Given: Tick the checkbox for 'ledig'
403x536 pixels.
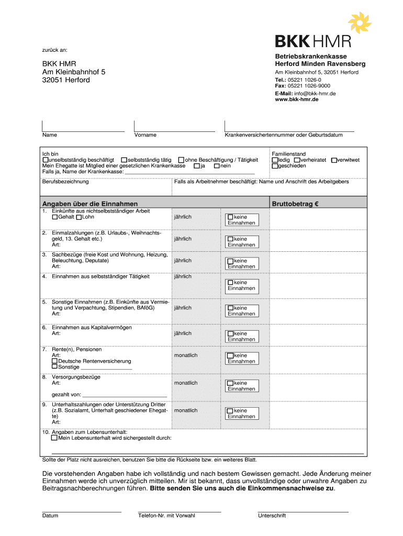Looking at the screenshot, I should [x=275, y=160].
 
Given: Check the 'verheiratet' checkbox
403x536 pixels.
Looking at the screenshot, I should [x=297, y=160].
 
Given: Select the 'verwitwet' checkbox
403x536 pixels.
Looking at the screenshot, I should [x=334, y=160].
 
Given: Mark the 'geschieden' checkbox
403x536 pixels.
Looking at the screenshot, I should [x=275, y=166].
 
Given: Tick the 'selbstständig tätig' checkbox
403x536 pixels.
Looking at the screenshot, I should [x=124, y=160].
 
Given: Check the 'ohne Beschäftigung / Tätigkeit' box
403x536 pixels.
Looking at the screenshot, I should [x=181, y=160].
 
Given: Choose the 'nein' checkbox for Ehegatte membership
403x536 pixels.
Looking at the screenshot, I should [x=217, y=166].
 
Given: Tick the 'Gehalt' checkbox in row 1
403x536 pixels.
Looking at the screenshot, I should [x=54, y=217].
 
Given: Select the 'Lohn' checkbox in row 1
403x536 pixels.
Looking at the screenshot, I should [x=79, y=217].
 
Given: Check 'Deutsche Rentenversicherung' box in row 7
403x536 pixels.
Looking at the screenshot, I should [x=54, y=361].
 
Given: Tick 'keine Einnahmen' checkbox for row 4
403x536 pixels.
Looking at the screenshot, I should [x=230, y=283].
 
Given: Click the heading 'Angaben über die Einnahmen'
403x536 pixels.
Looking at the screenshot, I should [x=89, y=204].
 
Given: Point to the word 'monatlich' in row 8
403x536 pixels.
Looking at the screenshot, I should [x=186, y=383].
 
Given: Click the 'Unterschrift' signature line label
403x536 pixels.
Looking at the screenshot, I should [x=272, y=516].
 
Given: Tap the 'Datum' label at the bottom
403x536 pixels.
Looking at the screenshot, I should [x=50, y=516].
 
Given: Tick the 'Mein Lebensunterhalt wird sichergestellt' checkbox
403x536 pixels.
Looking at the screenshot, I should [x=54, y=438].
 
